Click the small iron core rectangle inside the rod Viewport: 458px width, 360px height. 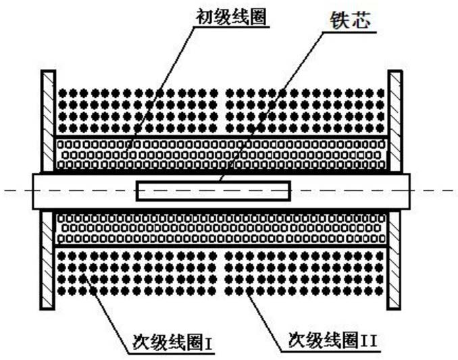click(x=213, y=191)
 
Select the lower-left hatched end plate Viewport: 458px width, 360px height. click(x=47, y=259)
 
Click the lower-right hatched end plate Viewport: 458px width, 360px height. click(x=395, y=259)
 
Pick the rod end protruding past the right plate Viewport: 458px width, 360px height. click(x=405, y=191)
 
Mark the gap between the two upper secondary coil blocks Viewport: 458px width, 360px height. click(x=221, y=111)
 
